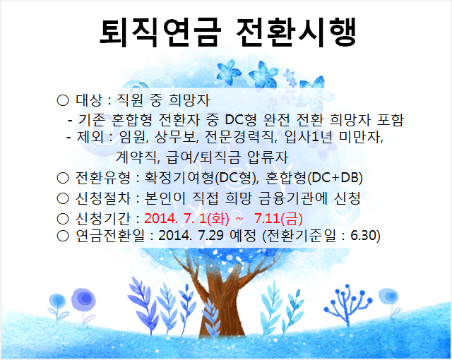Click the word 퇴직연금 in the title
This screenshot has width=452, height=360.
pos(160,32)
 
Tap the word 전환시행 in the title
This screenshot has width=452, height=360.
pos(297,32)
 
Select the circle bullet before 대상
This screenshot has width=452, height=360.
pos(63,100)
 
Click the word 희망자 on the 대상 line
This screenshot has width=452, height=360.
pos(189,100)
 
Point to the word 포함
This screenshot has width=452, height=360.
pos(391,119)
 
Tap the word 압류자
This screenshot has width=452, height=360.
pos(268,157)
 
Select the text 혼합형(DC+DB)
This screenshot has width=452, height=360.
pos(314,178)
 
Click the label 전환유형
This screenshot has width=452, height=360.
pos(103,178)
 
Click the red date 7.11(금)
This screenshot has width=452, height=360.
pos(278,219)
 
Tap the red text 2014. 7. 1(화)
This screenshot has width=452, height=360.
pos(186,219)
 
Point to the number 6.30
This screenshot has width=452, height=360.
pos(363,236)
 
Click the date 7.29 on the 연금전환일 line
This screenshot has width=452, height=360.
pos(210,236)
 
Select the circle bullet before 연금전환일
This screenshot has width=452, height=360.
pos(63,236)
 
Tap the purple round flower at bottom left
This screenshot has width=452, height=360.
pos(83,299)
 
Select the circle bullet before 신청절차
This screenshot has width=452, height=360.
pos(63,198)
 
